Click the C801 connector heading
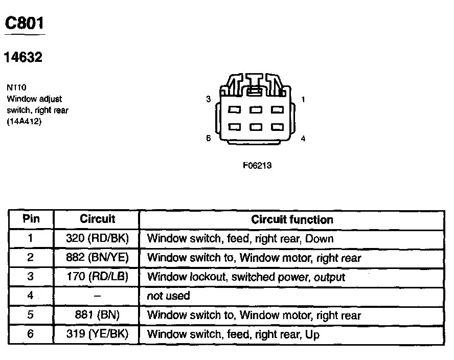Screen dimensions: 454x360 pos(24,23)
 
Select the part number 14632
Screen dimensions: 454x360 pos(23,58)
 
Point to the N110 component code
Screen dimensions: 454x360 pos(17,87)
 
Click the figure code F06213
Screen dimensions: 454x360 pos(257,166)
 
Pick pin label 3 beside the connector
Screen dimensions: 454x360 pos(208,99)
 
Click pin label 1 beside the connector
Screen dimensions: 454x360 pos(303,100)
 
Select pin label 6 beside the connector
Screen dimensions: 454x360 pos(208,138)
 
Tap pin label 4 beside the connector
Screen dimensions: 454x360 pos(303,138)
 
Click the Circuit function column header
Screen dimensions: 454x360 pos(292,220)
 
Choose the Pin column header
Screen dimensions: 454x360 pos(31,219)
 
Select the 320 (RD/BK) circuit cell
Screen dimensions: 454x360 pos(97,238)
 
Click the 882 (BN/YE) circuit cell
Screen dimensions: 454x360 pos(97,258)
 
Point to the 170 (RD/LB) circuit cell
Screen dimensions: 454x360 pos(97,277)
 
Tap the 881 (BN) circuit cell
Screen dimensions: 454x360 pos(97,315)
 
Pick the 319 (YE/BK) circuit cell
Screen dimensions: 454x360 pos(97,334)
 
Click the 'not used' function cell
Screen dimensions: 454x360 pos(168,296)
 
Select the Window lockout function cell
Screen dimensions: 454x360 pos(246,277)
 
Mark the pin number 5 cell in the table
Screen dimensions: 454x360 pos(31,315)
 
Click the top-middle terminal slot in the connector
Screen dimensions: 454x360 pos(256,110)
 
